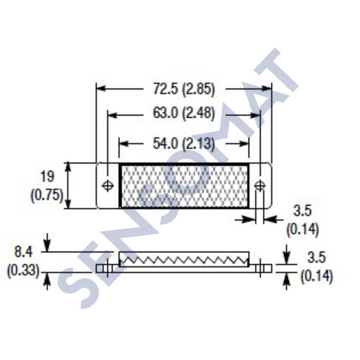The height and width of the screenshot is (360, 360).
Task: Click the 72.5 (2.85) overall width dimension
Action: coord(184,89)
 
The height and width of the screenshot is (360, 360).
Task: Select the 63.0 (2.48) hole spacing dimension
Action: coord(184,114)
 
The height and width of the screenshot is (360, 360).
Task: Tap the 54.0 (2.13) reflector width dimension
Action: coord(184,144)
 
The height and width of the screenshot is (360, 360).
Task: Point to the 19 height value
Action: coord(47,177)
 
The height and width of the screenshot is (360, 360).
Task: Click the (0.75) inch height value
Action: coord(47,196)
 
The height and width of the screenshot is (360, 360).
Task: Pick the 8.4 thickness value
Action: coord(23,252)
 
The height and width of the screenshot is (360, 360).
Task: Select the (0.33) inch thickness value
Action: coord(23,271)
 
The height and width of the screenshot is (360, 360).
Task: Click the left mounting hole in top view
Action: coord(107,185)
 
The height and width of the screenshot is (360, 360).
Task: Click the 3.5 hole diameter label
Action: coord(302,211)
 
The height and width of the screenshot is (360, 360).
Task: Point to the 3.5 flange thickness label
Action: coord(316,258)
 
